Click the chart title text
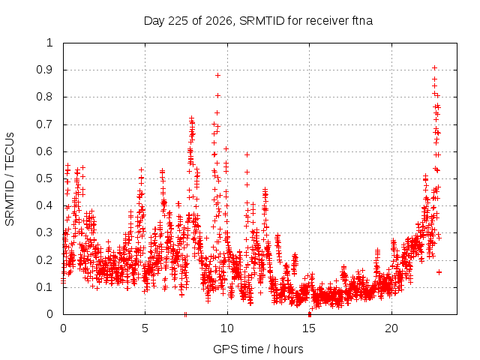pyautogui.click(x=258, y=21)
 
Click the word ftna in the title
pyautogui.click(x=361, y=21)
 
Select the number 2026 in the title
pyautogui.click(x=218, y=21)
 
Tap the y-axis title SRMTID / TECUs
pyautogui.click(x=10, y=179)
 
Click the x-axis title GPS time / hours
pyautogui.click(x=258, y=349)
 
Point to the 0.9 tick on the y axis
pyautogui.click(x=44, y=70)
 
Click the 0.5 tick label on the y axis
pyautogui.click(x=44, y=178)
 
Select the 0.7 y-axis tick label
pyautogui.click(x=44, y=124)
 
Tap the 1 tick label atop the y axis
pyautogui.click(x=49, y=43)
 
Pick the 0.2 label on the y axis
pyautogui.click(x=44, y=260)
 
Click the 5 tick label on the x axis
pyautogui.click(x=145, y=328)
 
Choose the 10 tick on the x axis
pyautogui.click(x=227, y=328)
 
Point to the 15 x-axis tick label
pyautogui.click(x=309, y=328)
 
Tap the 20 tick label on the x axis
pyautogui.click(x=391, y=328)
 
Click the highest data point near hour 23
pyautogui.click(x=434, y=68)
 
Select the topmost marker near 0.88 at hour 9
pyautogui.click(x=218, y=75)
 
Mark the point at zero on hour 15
pyautogui.click(x=310, y=314)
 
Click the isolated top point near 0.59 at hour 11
pyautogui.click(x=247, y=155)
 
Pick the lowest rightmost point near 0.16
pyautogui.click(x=439, y=272)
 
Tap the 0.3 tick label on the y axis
pyautogui.click(x=44, y=232)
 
